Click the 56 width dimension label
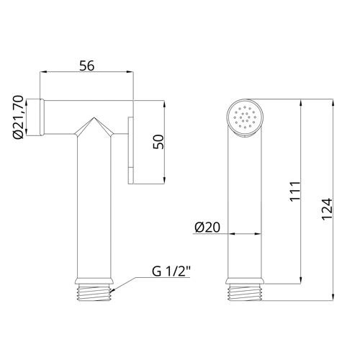pos(87,66)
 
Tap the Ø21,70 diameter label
pos(19,117)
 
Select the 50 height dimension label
pos(158,142)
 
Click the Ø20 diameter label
pos(207,227)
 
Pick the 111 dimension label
pos(295,192)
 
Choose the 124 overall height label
pos(327,209)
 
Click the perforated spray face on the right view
pos(245,117)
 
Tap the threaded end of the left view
pos(94,292)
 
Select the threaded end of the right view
pos(245,292)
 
